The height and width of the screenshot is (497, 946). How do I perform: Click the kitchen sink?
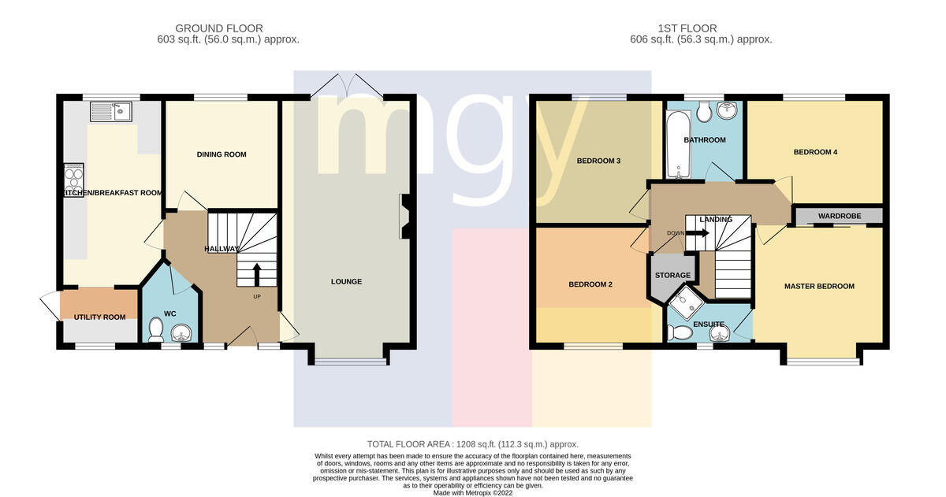click(x=110, y=111)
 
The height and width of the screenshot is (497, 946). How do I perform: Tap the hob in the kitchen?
click(x=73, y=180)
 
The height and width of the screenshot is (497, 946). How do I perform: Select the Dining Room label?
click(x=222, y=154)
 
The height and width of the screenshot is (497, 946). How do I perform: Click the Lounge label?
click(x=346, y=281)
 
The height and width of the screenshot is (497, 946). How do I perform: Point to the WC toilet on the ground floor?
click(x=156, y=329)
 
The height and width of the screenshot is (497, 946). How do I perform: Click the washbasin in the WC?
click(x=181, y=333)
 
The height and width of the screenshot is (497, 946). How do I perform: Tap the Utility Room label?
click(x=99, y=317)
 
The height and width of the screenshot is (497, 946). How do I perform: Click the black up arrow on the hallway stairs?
click(x=256, y=275)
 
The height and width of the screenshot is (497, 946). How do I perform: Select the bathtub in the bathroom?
click(x=678, y=144)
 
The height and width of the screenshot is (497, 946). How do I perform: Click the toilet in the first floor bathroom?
click(x=703, y=112)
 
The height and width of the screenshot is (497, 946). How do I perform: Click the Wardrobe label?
click(x=840, y=216)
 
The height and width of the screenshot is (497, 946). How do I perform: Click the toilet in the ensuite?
click(x=680, y=332)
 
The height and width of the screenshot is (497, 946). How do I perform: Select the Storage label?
click(x=672, y=275)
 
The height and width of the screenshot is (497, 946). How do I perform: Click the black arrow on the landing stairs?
click(x=698, y=233)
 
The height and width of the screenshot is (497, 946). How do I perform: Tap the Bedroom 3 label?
click(x=598, y=161)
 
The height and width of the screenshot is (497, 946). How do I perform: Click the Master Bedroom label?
click(x=819, y=286)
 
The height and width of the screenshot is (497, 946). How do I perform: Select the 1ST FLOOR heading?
click(x=687, y=28)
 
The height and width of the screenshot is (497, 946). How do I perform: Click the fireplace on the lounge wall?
click(x=404, y=217)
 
